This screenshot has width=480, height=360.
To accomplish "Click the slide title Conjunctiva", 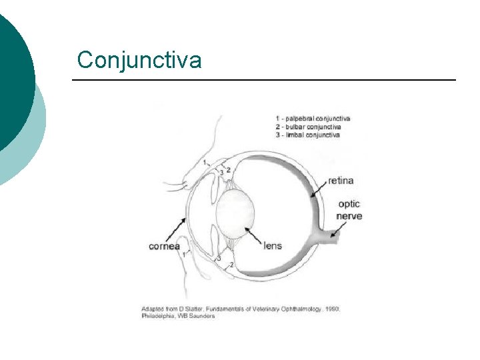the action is point(139,60).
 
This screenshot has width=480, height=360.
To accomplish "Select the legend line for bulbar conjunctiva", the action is point(308,127).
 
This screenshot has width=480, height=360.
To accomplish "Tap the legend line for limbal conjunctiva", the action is point(307,135).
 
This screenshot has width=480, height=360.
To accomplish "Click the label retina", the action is point(340,181).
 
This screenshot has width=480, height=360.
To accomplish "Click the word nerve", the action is point(349,216).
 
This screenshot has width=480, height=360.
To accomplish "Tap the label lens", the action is point(273,245).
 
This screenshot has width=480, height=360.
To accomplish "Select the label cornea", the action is point(164,246).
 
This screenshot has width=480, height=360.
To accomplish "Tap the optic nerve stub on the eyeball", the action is point(333,235).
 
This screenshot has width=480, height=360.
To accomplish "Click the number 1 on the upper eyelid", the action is point(205,162).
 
